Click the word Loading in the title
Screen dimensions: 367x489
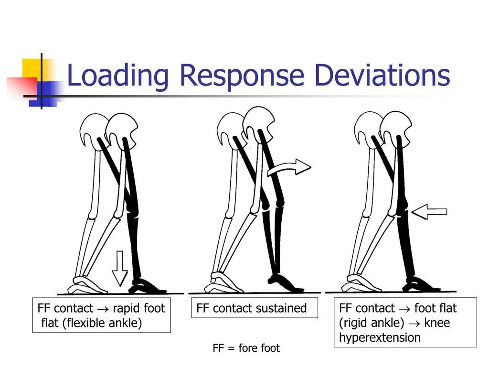click(x=117, y=76)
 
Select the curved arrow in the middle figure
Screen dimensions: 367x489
click(x=289, y=168)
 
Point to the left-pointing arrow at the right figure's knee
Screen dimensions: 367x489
click(x=429, y=211)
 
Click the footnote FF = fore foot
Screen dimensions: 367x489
click(x=246, y=348)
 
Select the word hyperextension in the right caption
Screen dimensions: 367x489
click(x=380, y=338)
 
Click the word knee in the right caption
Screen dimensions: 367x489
click(x=436, y=323)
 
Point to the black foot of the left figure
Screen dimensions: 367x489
click(x=146, y=286)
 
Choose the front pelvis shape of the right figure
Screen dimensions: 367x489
click(x=396, y=127)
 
